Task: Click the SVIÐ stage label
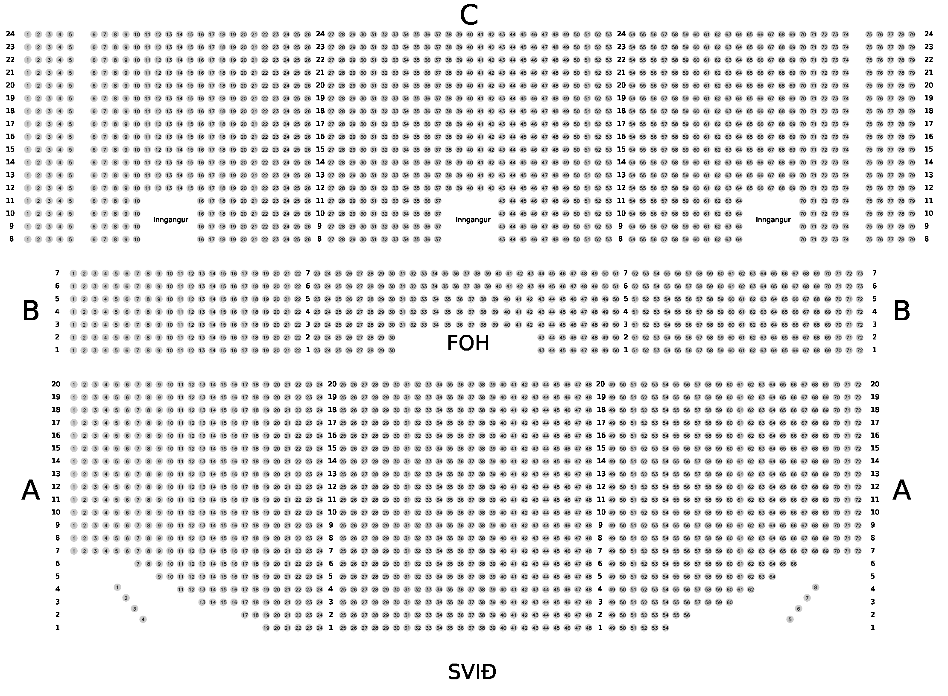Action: click(472, 673)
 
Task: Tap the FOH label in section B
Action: click(468, 344)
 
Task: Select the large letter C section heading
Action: click(468, 16)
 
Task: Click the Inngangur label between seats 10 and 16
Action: click(170, 220)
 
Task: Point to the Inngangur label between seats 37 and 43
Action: click(473, 220)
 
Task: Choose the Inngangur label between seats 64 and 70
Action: click(773, 220)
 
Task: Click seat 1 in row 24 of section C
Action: click(28, 34)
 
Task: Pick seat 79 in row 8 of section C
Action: click(912, 240)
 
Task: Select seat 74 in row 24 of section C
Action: click(846, 34)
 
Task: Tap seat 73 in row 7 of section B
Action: click(860, 273)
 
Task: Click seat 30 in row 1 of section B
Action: click(392, 351)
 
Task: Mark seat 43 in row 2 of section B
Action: click(541, 338)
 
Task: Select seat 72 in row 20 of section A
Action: click(858, 385)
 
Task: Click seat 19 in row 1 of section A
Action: click(266, 628)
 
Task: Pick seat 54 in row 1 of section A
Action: click(665, 628)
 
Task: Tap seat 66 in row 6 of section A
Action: click(793, 564)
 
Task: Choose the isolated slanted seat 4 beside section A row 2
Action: click(143, 619)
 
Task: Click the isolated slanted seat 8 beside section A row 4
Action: click(816, 588)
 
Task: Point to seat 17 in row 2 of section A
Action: click(245, 615)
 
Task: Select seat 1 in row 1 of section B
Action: click(73, 351)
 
